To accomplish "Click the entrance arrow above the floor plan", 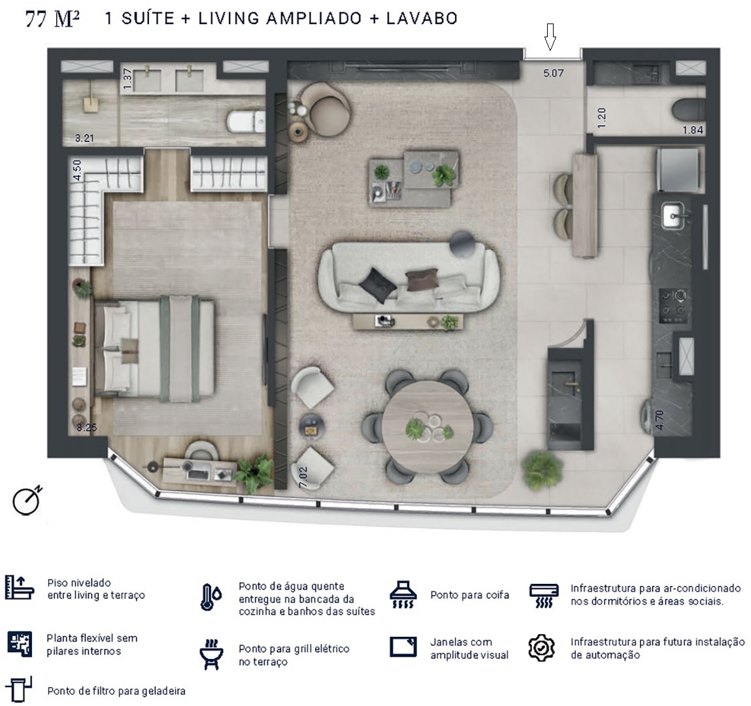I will pos(550,37).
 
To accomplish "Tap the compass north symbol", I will pos(27,501).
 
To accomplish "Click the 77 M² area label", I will pos(52,19).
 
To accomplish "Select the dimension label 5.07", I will pos(553,73).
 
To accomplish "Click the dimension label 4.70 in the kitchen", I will pos(659,419).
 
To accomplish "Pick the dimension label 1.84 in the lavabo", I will pos(692,130).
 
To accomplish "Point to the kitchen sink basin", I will pos(673,215).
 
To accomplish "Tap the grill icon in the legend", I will pos(210,654).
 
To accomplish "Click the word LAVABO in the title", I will pos(422,18).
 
